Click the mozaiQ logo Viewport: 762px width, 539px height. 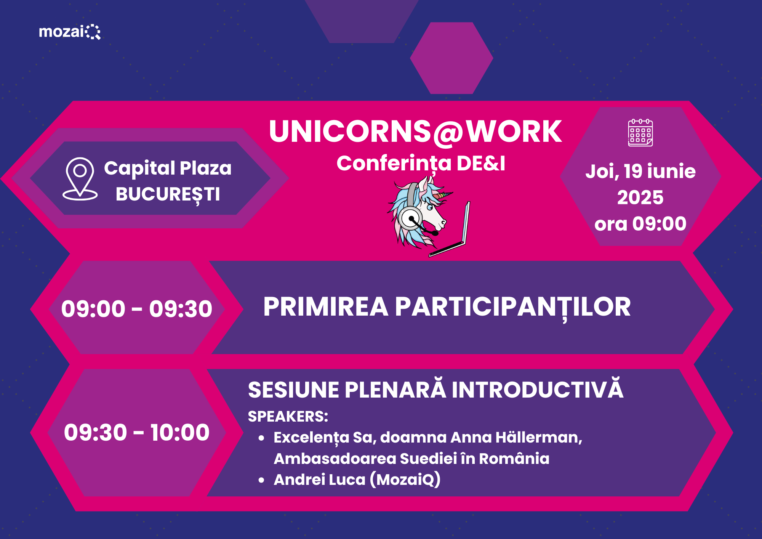coord(70,32)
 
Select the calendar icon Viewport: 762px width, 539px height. coord(640,132)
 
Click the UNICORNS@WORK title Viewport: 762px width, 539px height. coord(415,132)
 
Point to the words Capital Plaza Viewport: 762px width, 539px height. coord(168,168)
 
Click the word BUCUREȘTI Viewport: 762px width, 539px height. coord(168,195)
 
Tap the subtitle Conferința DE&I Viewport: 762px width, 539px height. coord(421,164)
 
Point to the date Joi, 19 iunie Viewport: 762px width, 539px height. coord(640,171)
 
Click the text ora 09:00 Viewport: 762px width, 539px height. coord(640,224)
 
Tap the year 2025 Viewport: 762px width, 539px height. coord(640,197)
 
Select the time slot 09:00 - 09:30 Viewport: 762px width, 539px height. coord(137,308)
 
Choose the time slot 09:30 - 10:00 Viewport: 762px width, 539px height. coord(137,432)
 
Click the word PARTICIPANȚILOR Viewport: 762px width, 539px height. coord(513,307)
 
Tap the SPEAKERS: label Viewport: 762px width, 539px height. coord(288,417)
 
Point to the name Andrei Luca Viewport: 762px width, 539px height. coord(320,480)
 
